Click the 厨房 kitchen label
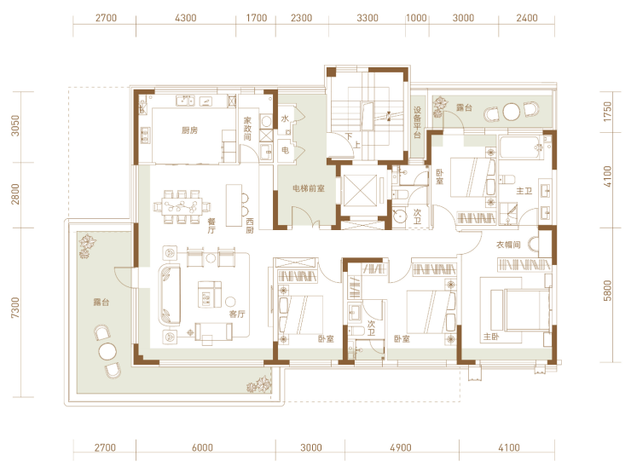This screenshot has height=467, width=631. click(x=189, y=130)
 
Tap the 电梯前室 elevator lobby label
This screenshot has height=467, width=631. click(x=309, y=188)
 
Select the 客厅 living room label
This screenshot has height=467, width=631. click(x=237, y=314)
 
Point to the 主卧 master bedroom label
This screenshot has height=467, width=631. click(x=491, y=337)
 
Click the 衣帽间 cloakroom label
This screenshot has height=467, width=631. click(x=508, y=245)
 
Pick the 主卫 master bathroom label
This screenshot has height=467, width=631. click(x=524, y=191)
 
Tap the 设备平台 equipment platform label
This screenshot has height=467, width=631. click(x=417, y=122)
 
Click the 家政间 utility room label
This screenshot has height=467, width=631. click(x=247, y=129)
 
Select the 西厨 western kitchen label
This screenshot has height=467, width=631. click(x=250, y=226)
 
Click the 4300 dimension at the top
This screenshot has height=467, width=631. click(x=186, y=18)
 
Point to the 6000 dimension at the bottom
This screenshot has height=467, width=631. click(x=202, y=447)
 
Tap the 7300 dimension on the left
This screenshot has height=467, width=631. click(x=14, y=308)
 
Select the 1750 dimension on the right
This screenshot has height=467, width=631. click(x=607, y=112)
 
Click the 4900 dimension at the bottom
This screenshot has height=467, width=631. click(x=401, y=447)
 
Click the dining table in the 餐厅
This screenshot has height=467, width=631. click(x=182, y=206)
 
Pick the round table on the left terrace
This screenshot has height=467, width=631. click(x=107, y=352)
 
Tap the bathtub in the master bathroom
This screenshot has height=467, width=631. click(x=520, y=147)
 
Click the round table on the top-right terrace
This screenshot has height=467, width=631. click(x=511, y=112)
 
